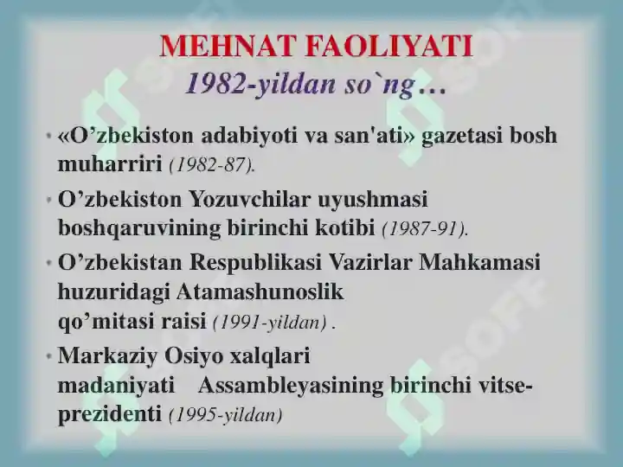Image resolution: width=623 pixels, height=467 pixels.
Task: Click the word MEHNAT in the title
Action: point(228,46)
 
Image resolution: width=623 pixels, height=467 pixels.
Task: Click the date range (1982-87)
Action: point(212,164)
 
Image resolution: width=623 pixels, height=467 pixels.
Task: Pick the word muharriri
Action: point(110,163)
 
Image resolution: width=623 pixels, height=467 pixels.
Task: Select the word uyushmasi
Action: point(372,199)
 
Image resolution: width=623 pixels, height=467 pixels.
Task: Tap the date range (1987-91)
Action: point(425,228)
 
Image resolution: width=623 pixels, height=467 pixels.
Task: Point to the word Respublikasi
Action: point(255,263)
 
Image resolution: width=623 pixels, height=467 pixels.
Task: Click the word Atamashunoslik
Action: point(260,292)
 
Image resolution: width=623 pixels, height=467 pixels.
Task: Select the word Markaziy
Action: point(107,355)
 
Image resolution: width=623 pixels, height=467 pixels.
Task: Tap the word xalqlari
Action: point(270,355)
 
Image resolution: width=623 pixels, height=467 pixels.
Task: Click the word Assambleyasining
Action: point(291,386)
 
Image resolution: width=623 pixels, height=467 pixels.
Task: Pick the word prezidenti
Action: point(110,414)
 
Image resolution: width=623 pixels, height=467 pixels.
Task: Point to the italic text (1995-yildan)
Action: point(226,415)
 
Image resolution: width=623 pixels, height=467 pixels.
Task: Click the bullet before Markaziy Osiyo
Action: point(48,356)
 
